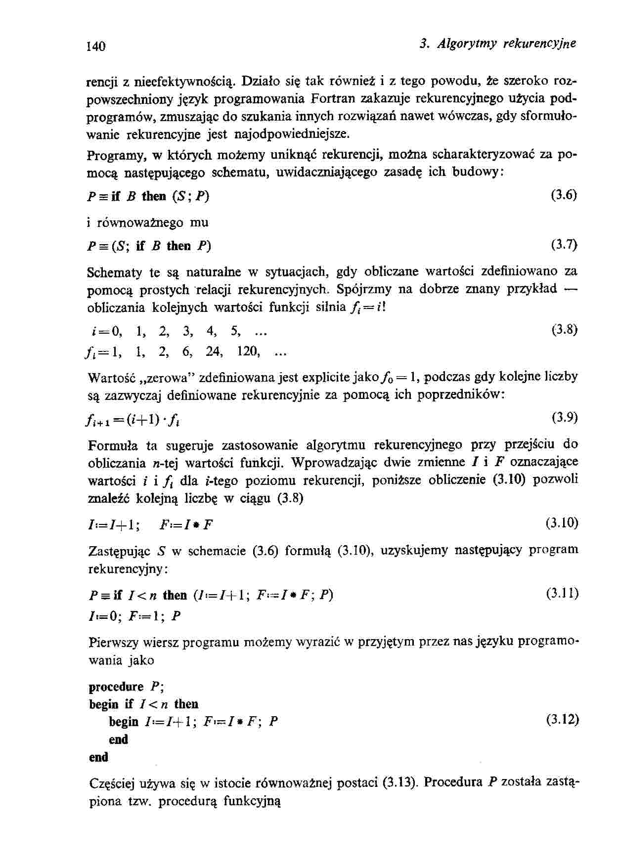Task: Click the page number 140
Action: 96,46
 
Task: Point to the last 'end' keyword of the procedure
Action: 98,757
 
